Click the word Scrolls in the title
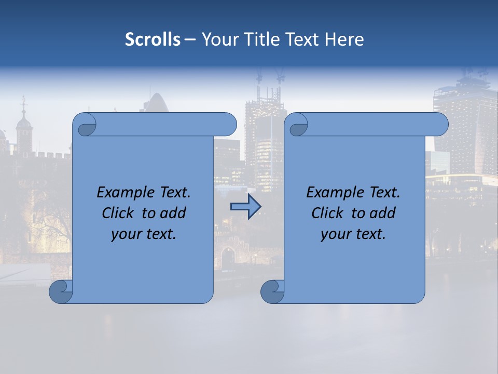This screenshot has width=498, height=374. (x=153, y=39)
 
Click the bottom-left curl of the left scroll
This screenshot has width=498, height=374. (x=60, y=291)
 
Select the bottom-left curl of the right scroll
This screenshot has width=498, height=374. (x=272, y=291)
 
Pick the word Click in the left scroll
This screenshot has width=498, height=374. (x=117, y=213)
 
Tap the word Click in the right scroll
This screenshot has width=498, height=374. (x=327, y=213)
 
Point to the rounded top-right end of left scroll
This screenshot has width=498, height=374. (x=228, y=125)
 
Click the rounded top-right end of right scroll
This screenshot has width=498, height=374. (x=440, y=125)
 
